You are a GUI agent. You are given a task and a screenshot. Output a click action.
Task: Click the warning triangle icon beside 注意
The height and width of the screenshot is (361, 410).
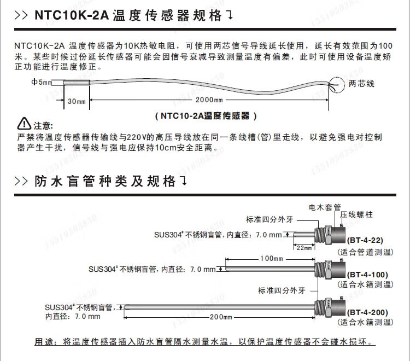coord(24,124)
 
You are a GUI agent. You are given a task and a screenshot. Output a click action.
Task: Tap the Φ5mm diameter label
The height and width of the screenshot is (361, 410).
coord(42,82)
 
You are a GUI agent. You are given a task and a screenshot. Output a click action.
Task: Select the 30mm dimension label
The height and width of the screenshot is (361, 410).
coord(77,101)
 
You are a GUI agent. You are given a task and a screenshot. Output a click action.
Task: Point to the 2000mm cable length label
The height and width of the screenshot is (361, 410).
coord(209,100)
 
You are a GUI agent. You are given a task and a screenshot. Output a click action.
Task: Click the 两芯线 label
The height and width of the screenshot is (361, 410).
coord(362,84)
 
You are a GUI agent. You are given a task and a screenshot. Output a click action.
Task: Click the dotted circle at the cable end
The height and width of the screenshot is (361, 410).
coord(337,85)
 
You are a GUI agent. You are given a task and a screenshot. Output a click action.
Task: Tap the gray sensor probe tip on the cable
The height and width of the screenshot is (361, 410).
coord(77,83)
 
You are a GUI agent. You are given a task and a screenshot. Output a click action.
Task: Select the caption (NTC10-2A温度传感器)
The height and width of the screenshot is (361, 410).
coord(206,116)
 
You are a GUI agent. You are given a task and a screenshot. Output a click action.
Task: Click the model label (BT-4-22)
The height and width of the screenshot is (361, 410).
coord(365,240)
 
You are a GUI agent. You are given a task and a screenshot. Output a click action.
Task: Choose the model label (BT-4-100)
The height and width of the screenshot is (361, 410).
coord(367,275)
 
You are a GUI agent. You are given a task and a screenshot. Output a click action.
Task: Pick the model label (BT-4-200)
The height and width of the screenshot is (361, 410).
coord(367,312)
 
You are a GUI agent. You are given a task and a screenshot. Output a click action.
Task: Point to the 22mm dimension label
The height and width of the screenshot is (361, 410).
coord(304,247)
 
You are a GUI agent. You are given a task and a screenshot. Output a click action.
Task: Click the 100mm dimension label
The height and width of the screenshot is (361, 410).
coord(271,259)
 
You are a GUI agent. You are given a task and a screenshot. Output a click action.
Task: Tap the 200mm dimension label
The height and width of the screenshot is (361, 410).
coord(221,317)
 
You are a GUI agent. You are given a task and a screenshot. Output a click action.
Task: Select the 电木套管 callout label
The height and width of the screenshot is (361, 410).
coord(325,207)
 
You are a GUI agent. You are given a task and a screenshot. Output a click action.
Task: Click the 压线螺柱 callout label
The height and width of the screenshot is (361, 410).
coord(356,215)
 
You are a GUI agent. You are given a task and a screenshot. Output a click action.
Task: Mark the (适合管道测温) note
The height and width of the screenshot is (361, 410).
coord(365,252)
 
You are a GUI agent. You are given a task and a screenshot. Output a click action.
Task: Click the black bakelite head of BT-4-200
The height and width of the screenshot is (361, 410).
coord(338,308)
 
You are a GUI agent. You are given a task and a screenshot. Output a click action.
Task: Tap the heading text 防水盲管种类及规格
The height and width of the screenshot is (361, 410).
coord(104,181)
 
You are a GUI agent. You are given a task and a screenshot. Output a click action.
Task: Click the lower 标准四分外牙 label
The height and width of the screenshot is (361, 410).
coord(282,290)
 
